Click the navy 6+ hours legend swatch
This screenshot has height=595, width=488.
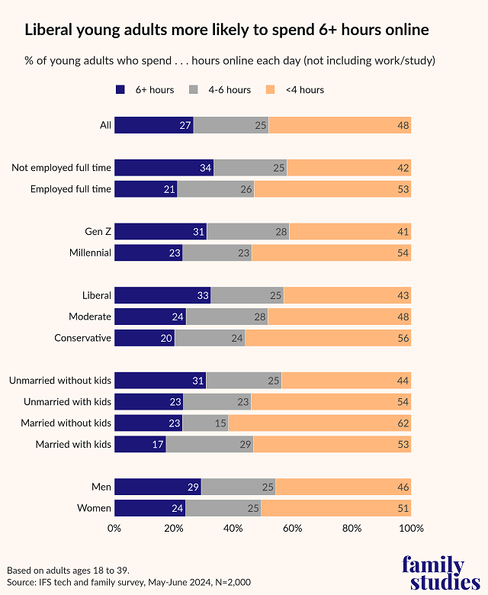point(120,90)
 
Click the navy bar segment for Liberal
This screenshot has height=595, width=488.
point(162,295)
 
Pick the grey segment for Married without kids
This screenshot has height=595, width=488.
point(205,423)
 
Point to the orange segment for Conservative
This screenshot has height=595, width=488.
point(328,338)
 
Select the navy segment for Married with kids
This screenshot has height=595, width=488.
point(140,444)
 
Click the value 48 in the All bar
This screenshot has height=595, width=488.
point(403,125)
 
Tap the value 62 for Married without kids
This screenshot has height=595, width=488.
point(403,423)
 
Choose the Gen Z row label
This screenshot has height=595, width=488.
point(98,231)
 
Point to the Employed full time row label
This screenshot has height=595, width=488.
point(70,189)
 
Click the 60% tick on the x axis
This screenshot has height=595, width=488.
point(293,528)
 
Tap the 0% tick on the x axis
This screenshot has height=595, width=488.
point(114,528)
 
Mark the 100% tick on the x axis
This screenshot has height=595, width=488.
point(412,528)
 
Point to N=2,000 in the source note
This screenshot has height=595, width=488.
point(225,582)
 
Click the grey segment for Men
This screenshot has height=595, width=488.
point(238,487)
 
